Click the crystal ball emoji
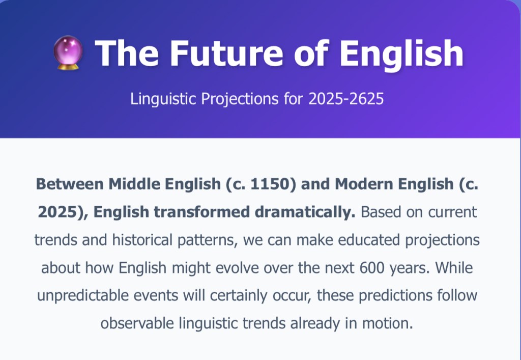pyautogui.click(x=68, y=52)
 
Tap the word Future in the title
pyautogui.click(x=226, y=53)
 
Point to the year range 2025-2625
pyautogui.click(x=346, y=99)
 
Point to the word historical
pyautogui.click(x=142, y=240)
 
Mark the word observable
pyautogui.click(x=137, y=323)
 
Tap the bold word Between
pyautogui.click(x=70, y=184)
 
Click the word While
pyautogui.click(x=454, y=268)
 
